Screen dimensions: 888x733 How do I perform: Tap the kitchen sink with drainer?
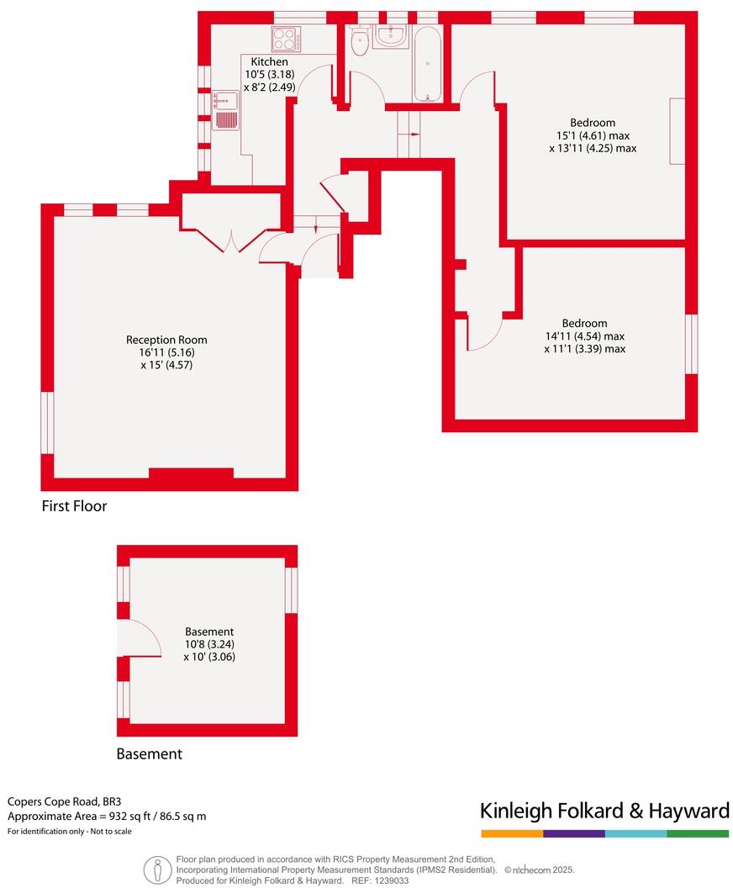pos(226,110)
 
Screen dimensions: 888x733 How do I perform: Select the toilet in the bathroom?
pos(361,42)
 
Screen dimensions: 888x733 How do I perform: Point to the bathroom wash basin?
pos(390,35)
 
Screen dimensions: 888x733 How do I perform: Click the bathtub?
pos(428,64)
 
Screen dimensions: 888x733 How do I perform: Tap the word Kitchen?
pos(269,62)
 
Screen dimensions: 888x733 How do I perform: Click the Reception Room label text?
pos(166,340)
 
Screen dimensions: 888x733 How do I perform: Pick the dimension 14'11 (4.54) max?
pos(585,336)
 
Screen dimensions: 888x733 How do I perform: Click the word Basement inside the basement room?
pos(209,632)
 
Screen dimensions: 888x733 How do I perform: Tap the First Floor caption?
pos(75,506)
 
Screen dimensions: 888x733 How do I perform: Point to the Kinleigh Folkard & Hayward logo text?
pos(604,811)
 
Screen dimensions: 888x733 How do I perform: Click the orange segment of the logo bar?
pos(512,833)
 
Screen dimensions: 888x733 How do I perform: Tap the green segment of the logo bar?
pos(698,833)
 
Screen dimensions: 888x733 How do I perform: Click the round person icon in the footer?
pos(156,869)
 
